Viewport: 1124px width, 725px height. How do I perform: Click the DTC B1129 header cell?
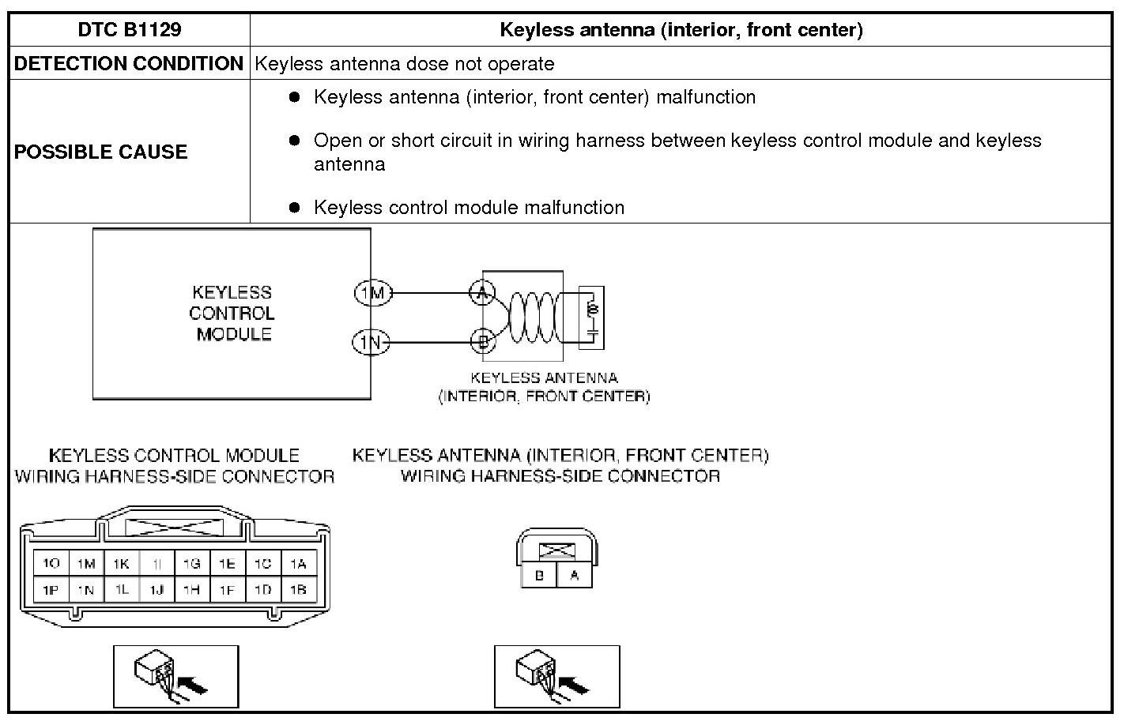(130, 30)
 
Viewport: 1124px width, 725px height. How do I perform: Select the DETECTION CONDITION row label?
(129, 64)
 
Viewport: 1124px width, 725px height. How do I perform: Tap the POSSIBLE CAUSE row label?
(101, 152)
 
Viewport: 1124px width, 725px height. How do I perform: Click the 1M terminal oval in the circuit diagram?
(372, 294)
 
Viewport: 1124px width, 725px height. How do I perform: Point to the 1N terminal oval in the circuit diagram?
(371, 343)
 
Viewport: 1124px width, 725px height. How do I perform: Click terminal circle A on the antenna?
(482, 293)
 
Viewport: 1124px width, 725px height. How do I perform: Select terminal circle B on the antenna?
(482, 341)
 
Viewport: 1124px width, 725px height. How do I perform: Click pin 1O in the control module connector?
(51, 564)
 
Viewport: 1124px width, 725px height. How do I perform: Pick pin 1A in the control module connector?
(298, 564)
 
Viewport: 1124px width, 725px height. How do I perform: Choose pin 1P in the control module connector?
(51, 589)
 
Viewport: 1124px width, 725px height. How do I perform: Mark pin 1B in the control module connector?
(298, 589)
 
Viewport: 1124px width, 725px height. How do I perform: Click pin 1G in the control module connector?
(191, 564)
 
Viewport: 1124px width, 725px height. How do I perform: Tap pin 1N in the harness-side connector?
(86, 589)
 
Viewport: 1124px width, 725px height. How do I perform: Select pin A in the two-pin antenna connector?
(575, 576)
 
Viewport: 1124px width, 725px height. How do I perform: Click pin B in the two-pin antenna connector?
(539, 576)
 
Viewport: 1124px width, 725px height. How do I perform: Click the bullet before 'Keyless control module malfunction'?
(295, 208)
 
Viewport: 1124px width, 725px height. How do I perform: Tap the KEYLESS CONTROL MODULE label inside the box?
(232, 314)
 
